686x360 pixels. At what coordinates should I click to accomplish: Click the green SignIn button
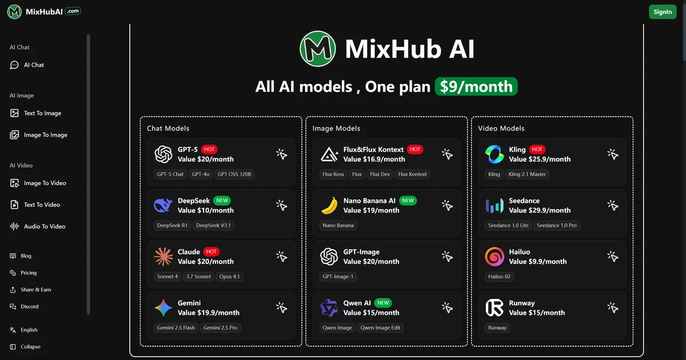pyautogui.click(x=663, y=12)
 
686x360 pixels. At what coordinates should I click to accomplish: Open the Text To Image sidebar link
pyautogui.click(x=42, y=113)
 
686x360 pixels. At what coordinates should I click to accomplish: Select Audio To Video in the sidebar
pyautogui.click(x=45, y=226)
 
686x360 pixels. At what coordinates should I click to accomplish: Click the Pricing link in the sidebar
pyautogui.click(x=29, y=273)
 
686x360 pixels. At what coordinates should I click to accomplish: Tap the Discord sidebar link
pyautogui.click(x=30, y=306)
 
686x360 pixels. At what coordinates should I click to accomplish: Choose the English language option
pyautogui.click(x=29, y=330)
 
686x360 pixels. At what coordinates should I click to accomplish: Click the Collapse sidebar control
pyautogui.click(x=30, y=347)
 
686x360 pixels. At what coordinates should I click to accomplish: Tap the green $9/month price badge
pyautogui.click(x=476, y=86)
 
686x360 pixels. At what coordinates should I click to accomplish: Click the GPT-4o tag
pyautogui.click(x=201, y=174)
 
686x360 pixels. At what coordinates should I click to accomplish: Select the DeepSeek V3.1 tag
pyautogui.click(x=213, y=225)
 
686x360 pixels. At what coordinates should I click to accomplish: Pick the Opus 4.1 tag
pyautogui.click(x=229, y=277)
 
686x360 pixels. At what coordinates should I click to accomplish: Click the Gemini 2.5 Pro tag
pyautogui.click(x=220, y=327)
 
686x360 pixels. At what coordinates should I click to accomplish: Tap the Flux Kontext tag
pyautogui.click(x=412, y=174)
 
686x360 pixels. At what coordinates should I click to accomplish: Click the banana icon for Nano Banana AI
pyautogui.click(x=329, y=206)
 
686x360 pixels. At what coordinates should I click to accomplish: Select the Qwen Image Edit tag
pyautogui.click(x=380, y=327)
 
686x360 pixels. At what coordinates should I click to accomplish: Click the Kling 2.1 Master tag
pyautogui.click(x=527, y=174)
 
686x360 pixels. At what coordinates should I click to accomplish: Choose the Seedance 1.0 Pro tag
pyautogui.click(x=557, y=225)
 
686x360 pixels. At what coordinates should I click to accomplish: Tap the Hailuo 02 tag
pyautogui.click(x=500, y=277)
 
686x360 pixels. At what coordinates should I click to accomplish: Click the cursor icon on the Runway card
pyautogui.click(x=612, y=307)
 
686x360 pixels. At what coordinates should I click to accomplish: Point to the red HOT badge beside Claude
pyautogui.click(x=212, y=251)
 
